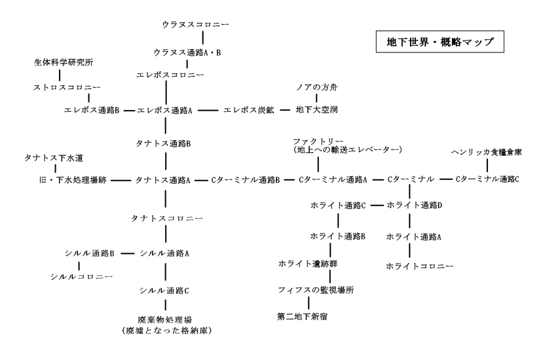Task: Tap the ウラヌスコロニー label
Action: (x=196, y=25)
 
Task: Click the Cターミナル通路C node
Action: (x=487, y=179)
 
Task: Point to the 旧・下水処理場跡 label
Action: (x=73, y=179)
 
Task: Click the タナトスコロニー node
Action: (x=166, y=217)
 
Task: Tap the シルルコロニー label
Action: (x=81, y=276)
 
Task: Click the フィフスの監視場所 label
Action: (x=316, y=289)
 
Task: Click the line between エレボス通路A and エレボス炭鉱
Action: (x=208, y=109)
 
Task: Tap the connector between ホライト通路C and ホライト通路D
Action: (x=376, y=205)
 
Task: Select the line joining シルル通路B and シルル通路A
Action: (x=128, y=253)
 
